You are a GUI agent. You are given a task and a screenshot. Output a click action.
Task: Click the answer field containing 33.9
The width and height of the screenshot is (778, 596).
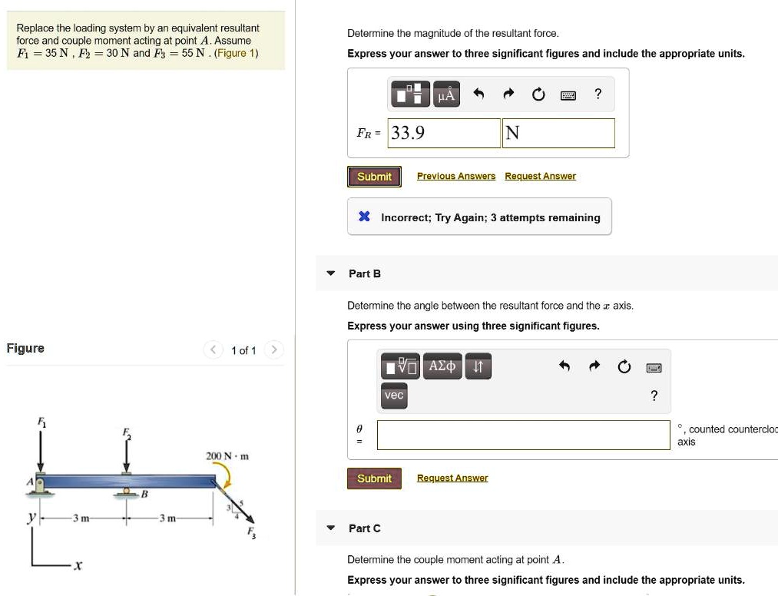[x=444, y=133]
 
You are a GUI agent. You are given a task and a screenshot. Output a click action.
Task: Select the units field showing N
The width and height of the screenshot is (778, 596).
[x=558, y=133]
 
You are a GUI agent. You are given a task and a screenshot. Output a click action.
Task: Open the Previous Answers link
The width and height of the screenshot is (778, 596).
[x=455, y=177]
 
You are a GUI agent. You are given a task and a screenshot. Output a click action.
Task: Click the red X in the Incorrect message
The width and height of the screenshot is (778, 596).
[x=365, y=217]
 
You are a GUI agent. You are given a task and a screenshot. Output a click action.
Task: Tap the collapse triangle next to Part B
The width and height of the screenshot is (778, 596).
[x=331, y=273]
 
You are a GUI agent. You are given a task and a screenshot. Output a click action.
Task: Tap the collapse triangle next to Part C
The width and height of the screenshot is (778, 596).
[x=331, y=528]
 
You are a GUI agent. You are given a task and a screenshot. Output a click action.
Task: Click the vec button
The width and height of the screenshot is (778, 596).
[x=394, y=396]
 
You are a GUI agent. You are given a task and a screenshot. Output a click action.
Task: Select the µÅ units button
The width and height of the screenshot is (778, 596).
[x=446, y=95]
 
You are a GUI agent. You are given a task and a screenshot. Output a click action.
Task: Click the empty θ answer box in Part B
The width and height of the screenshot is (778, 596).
[x=523, y=435]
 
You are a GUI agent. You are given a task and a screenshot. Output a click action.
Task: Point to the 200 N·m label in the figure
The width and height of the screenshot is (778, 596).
[x=227, y=456]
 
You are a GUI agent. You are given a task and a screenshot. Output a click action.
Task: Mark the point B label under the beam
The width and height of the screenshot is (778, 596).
[x=143, y=495]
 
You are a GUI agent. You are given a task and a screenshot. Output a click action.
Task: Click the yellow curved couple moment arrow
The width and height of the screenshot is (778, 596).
[x=227, y=479]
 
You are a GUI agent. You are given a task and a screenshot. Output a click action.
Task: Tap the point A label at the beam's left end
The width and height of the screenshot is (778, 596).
[x=31, y=482]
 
